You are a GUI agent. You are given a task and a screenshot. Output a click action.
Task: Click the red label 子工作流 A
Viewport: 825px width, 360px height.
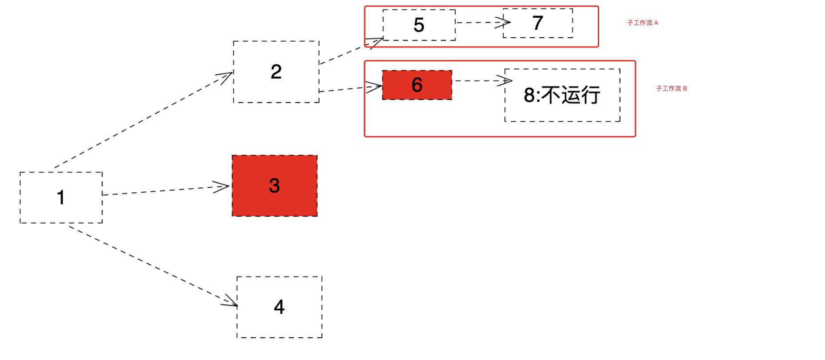[x=642, y=23]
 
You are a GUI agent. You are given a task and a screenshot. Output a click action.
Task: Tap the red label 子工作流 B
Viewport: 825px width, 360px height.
[x=671, y=88]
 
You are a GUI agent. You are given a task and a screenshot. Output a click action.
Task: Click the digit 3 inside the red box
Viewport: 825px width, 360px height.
[x=274, y=186]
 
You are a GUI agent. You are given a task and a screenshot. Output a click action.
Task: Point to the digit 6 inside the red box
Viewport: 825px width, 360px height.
[x=417, y=85]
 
